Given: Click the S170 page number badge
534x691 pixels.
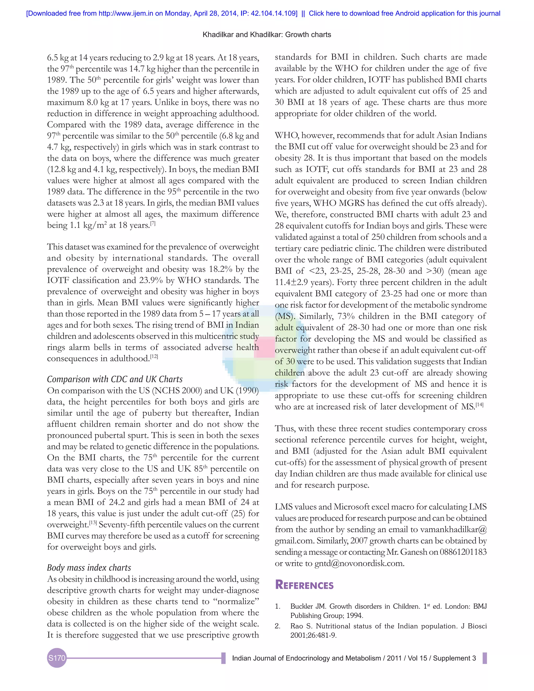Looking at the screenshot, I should tap(57, 658).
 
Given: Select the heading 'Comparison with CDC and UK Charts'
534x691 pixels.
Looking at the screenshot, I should tap(115, 379).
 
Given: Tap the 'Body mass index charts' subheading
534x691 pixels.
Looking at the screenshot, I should tap(89, 568).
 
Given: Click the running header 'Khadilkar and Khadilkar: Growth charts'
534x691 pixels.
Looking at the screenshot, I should tap(267, 34).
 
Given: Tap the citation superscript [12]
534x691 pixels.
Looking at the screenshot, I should tap(154, 356).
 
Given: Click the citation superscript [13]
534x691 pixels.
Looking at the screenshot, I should tap(93, 523).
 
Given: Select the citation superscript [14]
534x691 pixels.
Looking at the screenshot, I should tap(479, 405).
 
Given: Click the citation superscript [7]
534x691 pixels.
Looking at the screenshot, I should tap(153, 223).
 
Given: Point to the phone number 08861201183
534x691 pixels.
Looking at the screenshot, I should tap(463, 552).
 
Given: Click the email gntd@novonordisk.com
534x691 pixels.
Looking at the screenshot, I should tap(359, 563).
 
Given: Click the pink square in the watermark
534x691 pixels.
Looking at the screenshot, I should tap(264, 347).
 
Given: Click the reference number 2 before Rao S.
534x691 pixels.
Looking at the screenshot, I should tap(277, 626).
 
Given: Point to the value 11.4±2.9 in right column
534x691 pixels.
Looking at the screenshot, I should tap(291, 282).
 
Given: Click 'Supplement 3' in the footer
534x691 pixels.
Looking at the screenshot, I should tap(454, 658).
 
